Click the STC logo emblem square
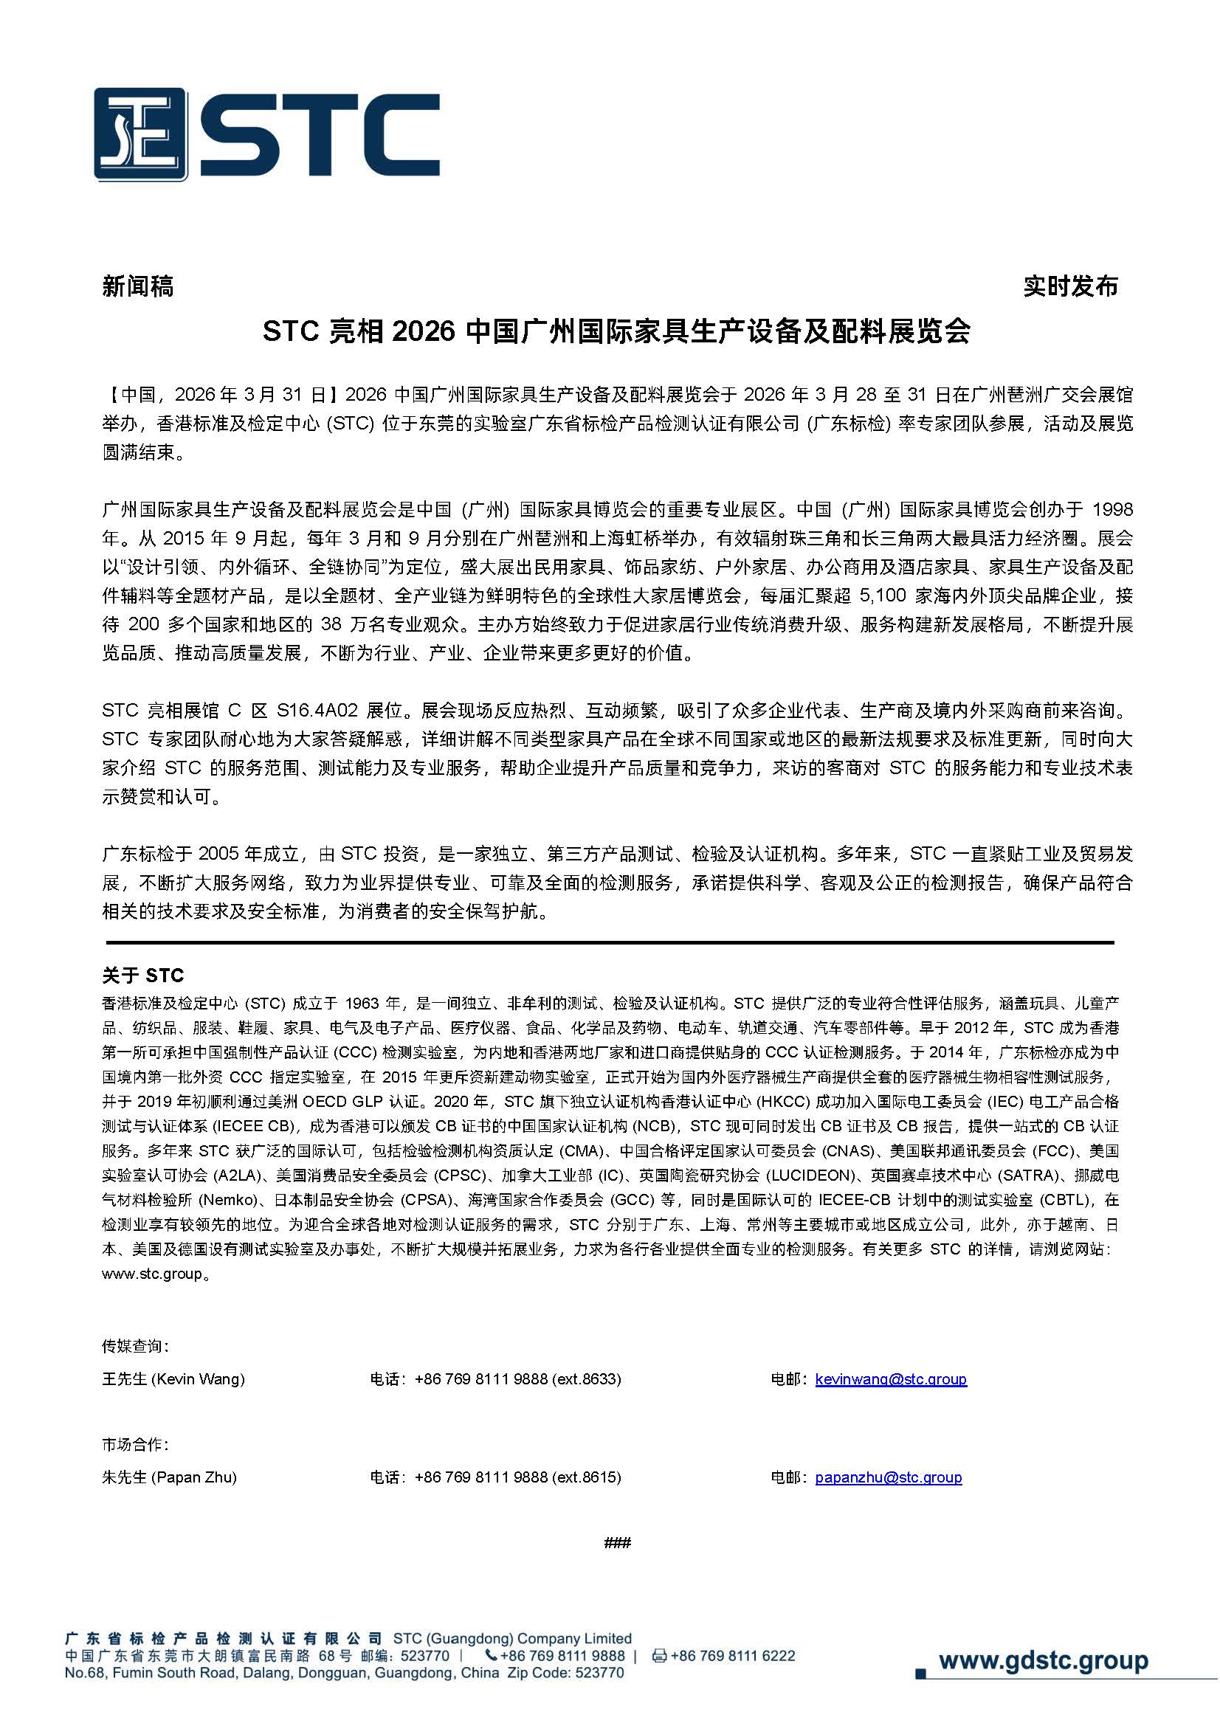139,134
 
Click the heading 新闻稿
137,286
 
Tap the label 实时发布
1071,286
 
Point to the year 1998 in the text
1112,510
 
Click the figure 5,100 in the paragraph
881,596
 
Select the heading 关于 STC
143,976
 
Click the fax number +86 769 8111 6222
732,1656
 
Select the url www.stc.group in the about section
153,1274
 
